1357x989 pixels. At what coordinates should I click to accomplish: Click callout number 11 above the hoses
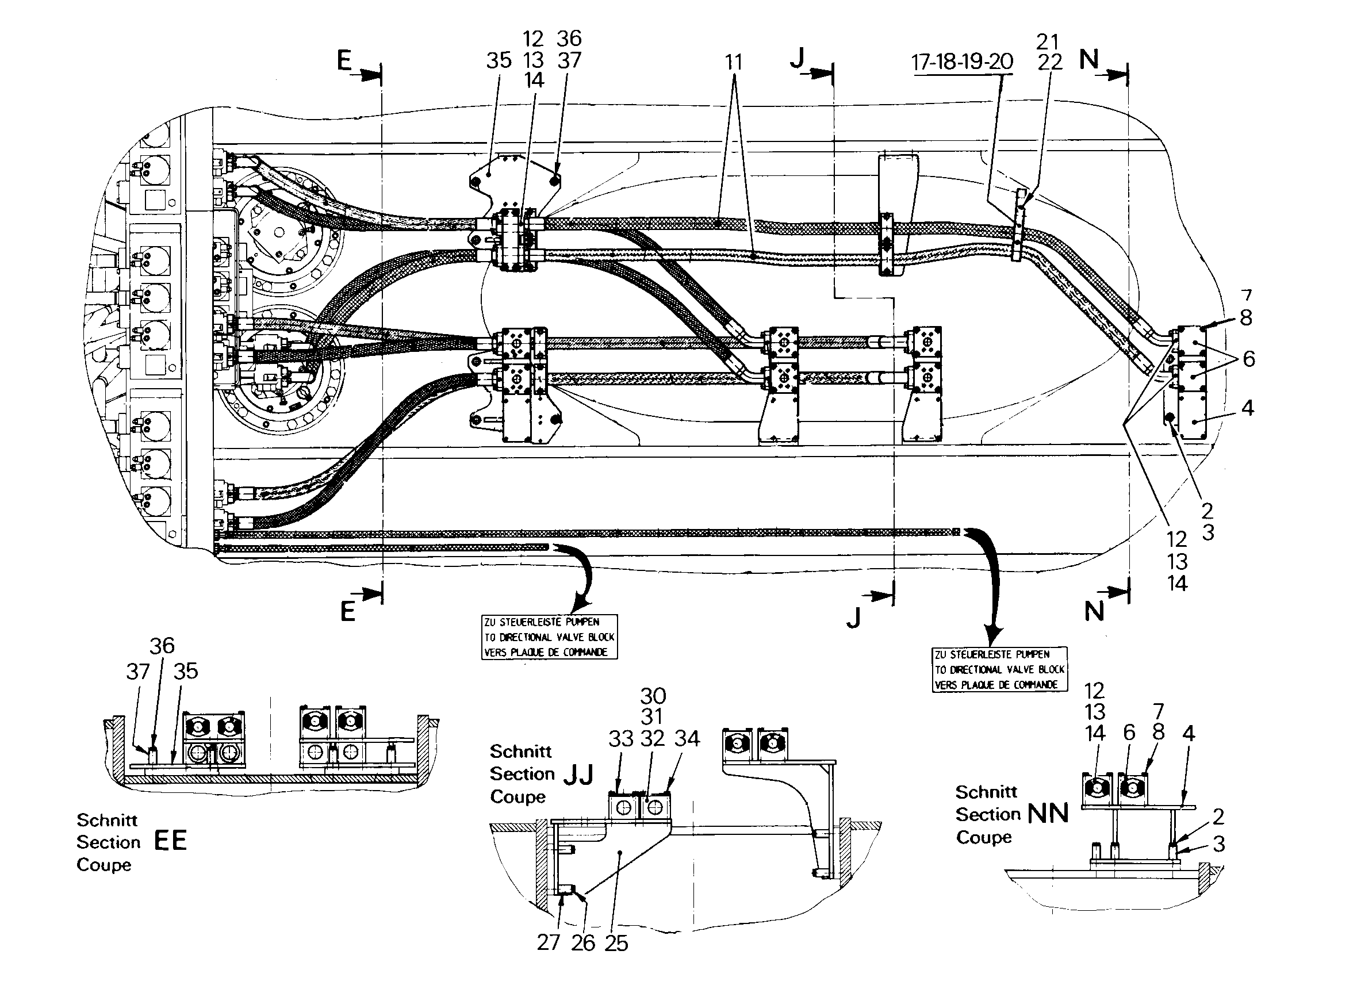coord(734,62)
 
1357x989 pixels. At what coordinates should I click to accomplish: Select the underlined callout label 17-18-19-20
coord(962,62)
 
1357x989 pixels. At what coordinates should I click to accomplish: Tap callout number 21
coord(1048,42)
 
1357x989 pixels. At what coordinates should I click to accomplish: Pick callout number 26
coord(583,943)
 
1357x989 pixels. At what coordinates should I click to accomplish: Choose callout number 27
coord(549,942)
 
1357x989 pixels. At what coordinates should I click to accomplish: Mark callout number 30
coord(653,696)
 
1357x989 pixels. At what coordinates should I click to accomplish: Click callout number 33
coord(621,739)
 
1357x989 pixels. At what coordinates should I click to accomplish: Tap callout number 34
coord(687,739)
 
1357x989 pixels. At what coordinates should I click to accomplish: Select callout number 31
coord(652,717)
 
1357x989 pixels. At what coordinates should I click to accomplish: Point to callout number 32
coord(653,739)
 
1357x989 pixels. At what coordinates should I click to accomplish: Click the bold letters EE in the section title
coord(171,841)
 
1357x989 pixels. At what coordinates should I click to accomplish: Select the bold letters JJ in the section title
coord(578,775)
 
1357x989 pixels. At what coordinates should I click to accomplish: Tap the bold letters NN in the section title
coord(1048,814)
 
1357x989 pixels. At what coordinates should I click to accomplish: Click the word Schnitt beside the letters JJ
coord(521,752)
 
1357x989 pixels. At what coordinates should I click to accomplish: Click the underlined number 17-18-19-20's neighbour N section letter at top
coord(1090,60)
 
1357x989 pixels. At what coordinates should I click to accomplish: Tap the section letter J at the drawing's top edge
coord(798,59)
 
